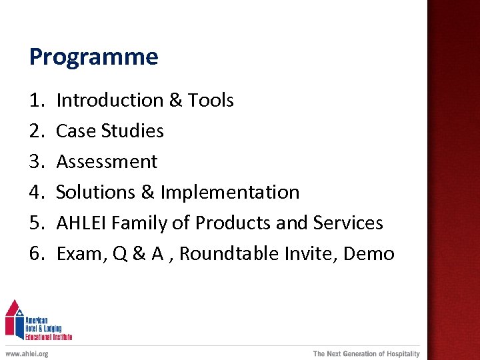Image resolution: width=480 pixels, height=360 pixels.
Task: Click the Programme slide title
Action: point(93,57)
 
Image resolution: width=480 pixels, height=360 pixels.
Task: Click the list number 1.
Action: point(36,101)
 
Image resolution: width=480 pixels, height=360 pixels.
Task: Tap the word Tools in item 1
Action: point(211,101)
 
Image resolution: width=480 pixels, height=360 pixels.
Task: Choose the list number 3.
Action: point(36,162)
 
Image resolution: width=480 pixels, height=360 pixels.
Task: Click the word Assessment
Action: point(107,162)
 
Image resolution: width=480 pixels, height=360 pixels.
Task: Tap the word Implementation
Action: point(230,193)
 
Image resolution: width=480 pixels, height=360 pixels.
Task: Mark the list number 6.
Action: point(36,254)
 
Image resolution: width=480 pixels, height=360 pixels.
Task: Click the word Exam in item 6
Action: point(77,254)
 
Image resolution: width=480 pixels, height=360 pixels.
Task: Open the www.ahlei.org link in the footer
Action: point(27,353)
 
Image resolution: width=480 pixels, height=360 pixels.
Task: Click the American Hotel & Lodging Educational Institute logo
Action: point(38,321)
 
